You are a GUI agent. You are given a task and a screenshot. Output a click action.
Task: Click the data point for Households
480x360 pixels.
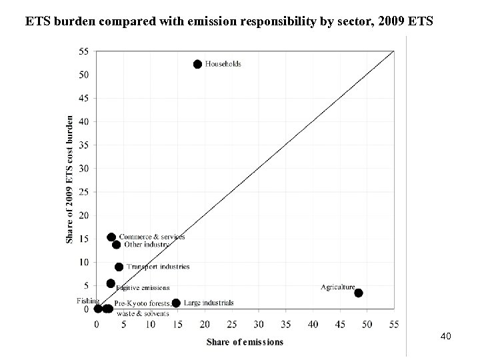197,64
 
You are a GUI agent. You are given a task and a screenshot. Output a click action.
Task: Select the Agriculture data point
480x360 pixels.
359,293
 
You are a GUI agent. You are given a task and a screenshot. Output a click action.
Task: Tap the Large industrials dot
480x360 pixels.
176,303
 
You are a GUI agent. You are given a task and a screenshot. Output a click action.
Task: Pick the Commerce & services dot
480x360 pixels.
111,237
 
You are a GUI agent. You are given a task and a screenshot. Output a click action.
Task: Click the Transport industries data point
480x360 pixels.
119,267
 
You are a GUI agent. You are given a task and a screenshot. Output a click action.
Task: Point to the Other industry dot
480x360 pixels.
117,245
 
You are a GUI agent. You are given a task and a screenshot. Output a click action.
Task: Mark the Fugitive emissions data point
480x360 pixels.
111,283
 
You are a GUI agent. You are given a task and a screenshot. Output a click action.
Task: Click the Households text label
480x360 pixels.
223,65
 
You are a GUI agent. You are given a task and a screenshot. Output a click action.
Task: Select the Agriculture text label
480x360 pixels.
337,287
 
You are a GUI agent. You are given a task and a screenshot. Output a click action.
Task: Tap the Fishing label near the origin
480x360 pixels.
87,301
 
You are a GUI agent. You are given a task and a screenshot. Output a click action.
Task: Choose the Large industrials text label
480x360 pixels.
209,303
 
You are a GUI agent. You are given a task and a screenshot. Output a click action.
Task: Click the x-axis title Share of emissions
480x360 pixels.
245,342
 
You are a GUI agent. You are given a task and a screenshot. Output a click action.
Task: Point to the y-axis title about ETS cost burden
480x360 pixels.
70,179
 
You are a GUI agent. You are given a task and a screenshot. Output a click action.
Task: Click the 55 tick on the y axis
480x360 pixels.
84,51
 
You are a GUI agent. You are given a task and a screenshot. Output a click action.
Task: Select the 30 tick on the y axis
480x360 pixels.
84,169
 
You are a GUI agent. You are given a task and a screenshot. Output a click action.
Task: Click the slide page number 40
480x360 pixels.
446,337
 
